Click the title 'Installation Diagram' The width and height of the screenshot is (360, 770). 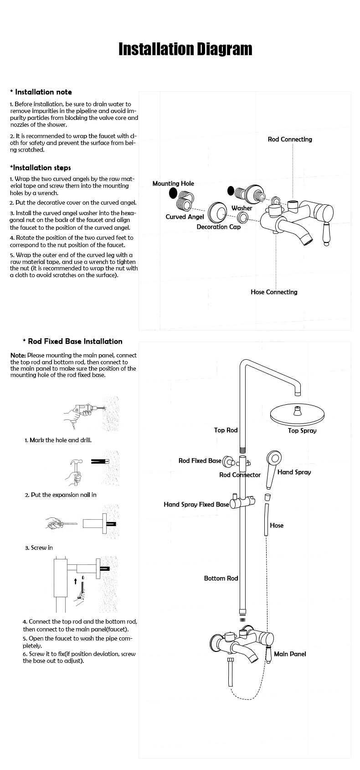tap(185, 49)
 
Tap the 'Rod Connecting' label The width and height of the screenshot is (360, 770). tap(290, 139)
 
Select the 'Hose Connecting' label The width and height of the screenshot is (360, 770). tap(274, 292)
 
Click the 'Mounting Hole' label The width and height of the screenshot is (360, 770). tap(173, 183)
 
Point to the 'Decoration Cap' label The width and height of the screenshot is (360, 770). tap(218, 227)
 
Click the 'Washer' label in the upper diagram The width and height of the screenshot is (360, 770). tap(242, 208)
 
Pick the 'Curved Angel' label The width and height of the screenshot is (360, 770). tap(185, 217)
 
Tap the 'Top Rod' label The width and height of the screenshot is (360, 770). tap(226, 430)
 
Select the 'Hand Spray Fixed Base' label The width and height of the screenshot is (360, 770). tap(196, 504)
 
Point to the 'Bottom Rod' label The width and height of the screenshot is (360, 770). tap(221, 578)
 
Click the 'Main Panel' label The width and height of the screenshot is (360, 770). tap(290, 654)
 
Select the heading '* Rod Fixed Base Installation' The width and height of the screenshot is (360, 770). tap(72, 341)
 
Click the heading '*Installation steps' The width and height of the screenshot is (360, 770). tap(41, 167)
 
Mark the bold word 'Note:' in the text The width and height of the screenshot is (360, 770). tap(18, 355)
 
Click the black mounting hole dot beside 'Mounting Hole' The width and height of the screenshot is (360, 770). tap(173, 193)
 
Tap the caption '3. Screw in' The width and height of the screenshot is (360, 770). tap(39, 548)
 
